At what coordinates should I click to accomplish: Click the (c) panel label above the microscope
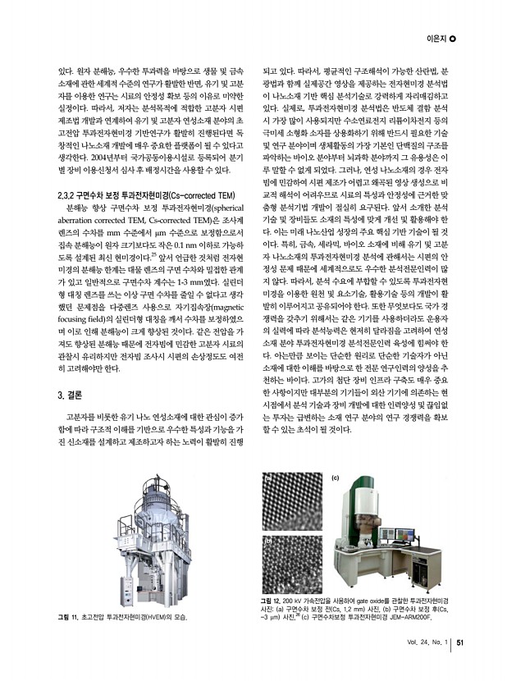[336, 477]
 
